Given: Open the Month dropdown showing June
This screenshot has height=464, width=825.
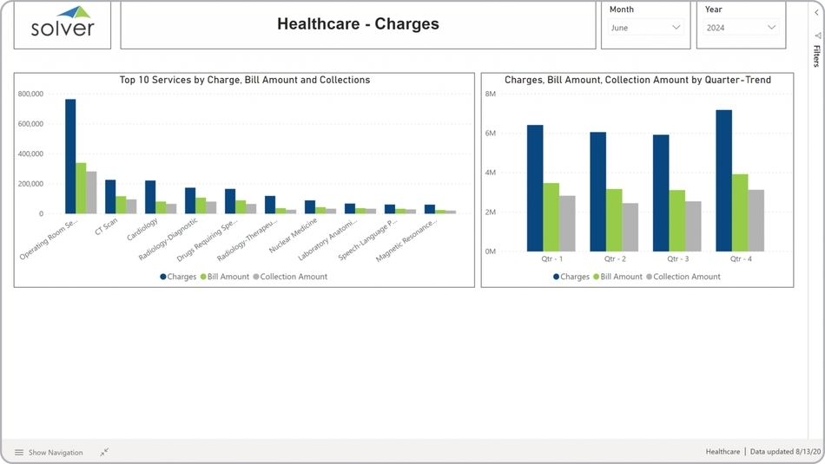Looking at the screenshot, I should point(645,28).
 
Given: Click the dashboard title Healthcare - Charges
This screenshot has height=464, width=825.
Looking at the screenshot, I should point(358,24).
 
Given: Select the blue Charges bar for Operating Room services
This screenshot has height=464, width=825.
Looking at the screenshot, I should point(70,156).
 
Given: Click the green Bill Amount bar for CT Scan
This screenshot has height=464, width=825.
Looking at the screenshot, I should point(122,205).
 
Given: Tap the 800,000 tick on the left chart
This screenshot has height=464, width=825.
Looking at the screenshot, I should point(30,94).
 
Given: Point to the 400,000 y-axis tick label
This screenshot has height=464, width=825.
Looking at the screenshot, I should point(30,154).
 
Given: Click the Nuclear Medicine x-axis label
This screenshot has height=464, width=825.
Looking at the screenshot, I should point(294,235).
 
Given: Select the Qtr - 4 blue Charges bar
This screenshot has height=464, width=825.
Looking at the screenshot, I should point(723,180).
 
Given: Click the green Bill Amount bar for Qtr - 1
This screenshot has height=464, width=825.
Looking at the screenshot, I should point(551,217).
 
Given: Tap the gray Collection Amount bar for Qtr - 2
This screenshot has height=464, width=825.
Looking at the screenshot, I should point(630,227).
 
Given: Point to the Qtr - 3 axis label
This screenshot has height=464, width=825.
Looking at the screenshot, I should point(678,259).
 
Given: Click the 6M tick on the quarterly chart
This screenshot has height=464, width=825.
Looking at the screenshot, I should point(490,134).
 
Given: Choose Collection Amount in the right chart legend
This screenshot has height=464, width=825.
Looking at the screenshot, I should point(686,277).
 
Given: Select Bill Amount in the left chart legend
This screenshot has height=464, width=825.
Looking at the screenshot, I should point(228,277).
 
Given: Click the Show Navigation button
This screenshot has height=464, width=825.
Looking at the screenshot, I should point(49,453).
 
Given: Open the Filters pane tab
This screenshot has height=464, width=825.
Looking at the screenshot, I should point(816,52).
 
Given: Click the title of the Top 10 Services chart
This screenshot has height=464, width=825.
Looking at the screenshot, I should point(245,80).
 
